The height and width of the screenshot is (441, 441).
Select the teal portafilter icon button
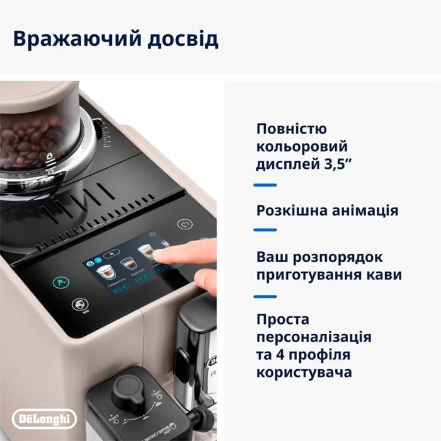coord(62,283)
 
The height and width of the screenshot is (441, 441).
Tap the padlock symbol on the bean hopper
coord(49,155)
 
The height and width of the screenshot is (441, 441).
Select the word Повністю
coord(292,129)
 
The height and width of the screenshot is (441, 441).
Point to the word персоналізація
coord(314,337)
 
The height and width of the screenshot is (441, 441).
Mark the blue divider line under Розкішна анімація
coord(265,229)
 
